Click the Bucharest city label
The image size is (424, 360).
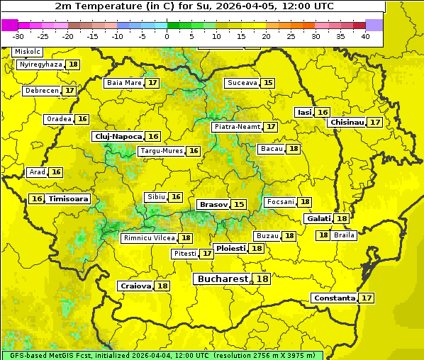point(223,279)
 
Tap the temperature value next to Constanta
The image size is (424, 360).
point(367,298)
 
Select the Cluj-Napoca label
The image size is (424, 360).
point(118,136)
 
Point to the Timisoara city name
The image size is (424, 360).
point(69,199)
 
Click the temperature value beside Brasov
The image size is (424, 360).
point(239,204)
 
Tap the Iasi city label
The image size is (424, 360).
point(304,112)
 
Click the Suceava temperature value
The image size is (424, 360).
point(268,83)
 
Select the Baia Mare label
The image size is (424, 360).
point(124,83)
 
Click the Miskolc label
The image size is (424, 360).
point(28,52)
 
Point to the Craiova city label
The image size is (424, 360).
point(136,286)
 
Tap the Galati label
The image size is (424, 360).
point(318,218)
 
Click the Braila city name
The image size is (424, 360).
point(344,235)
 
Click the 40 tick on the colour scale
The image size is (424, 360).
point(365,36)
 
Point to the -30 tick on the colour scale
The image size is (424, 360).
point(18,36)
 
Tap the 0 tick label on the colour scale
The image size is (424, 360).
point(167,36)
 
